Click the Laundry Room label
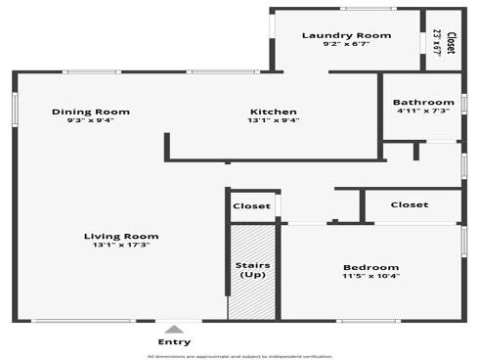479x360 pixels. tap(346, 35)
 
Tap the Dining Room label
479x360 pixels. tap(91, 112)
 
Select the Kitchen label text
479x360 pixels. tap(274, 112)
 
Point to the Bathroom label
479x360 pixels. tap(423, 103)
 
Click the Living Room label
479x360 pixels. tap(121, 236)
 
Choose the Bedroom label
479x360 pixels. tap(370, 267)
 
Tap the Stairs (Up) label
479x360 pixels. tap(253, 270)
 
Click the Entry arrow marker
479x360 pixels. tap(174, 330)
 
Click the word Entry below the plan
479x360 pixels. tap(174, 341)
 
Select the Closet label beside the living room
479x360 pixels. tap(252, 206)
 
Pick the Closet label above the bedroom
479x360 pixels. tap(410, 204)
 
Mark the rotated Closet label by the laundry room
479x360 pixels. tap(451, 42)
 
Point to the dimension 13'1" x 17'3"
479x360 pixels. tap(121, 245)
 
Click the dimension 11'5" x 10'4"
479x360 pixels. tap(370, 277)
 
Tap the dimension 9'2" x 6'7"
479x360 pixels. tap(346, 45)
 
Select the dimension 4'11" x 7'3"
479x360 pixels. tap(423, 112)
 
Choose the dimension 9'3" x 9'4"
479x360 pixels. tap(91, 120)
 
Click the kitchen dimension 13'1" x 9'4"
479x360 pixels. tap(274, 120)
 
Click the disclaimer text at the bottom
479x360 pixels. tap(239, 356)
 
